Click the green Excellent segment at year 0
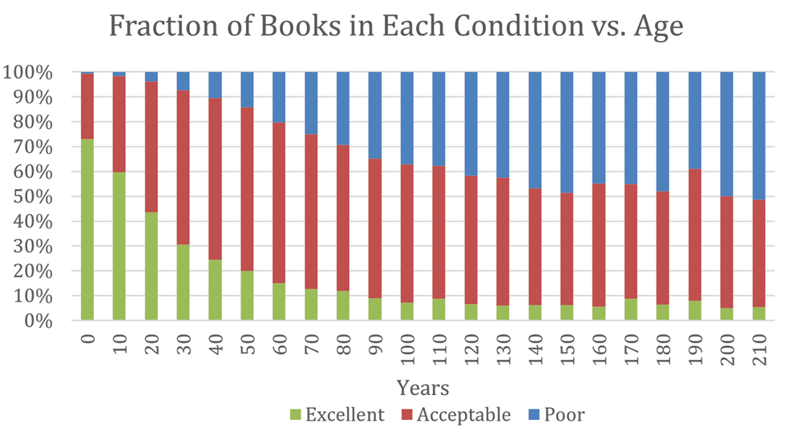tap(87, 229)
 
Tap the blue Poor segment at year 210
tap(758, 135)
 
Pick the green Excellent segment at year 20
tap(151, 266)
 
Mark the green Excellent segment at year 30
tap(183, 282)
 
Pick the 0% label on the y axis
tap(40, 321)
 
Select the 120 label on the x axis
tap(471, 346)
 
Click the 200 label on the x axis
tap(726, 346)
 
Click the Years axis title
tap(422, 389)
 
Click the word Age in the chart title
tap(657, 28)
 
